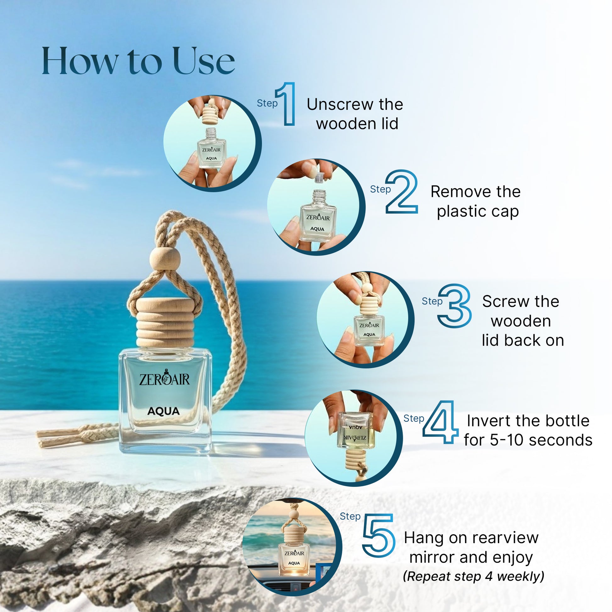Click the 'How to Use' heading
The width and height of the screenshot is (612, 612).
coord(138,61)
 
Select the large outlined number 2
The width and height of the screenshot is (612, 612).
coord(402,191)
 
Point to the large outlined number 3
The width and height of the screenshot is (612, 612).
coord(454,305)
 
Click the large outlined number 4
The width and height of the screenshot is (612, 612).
coord(441,422)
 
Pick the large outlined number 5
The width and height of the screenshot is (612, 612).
coord(379,535)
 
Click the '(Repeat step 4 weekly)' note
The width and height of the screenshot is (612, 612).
coord(473,576)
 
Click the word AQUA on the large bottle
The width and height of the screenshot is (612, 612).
coord(164,411)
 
